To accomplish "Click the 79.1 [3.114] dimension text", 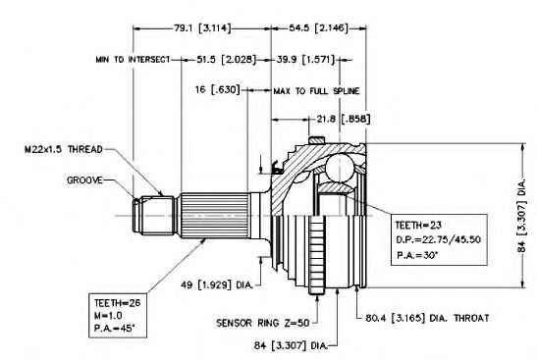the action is [203, 28].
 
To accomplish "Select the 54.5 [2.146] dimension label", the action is [318, 28].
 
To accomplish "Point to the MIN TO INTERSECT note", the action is [133, 60].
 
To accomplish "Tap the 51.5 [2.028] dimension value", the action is [227, 60].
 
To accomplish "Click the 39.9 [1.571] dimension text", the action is [305, 60].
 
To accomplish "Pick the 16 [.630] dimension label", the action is [218, 89].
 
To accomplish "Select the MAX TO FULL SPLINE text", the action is [316, 91].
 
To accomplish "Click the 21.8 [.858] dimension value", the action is [344, 119].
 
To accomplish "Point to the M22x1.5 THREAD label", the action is [64, 149].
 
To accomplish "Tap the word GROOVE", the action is [84, 180].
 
